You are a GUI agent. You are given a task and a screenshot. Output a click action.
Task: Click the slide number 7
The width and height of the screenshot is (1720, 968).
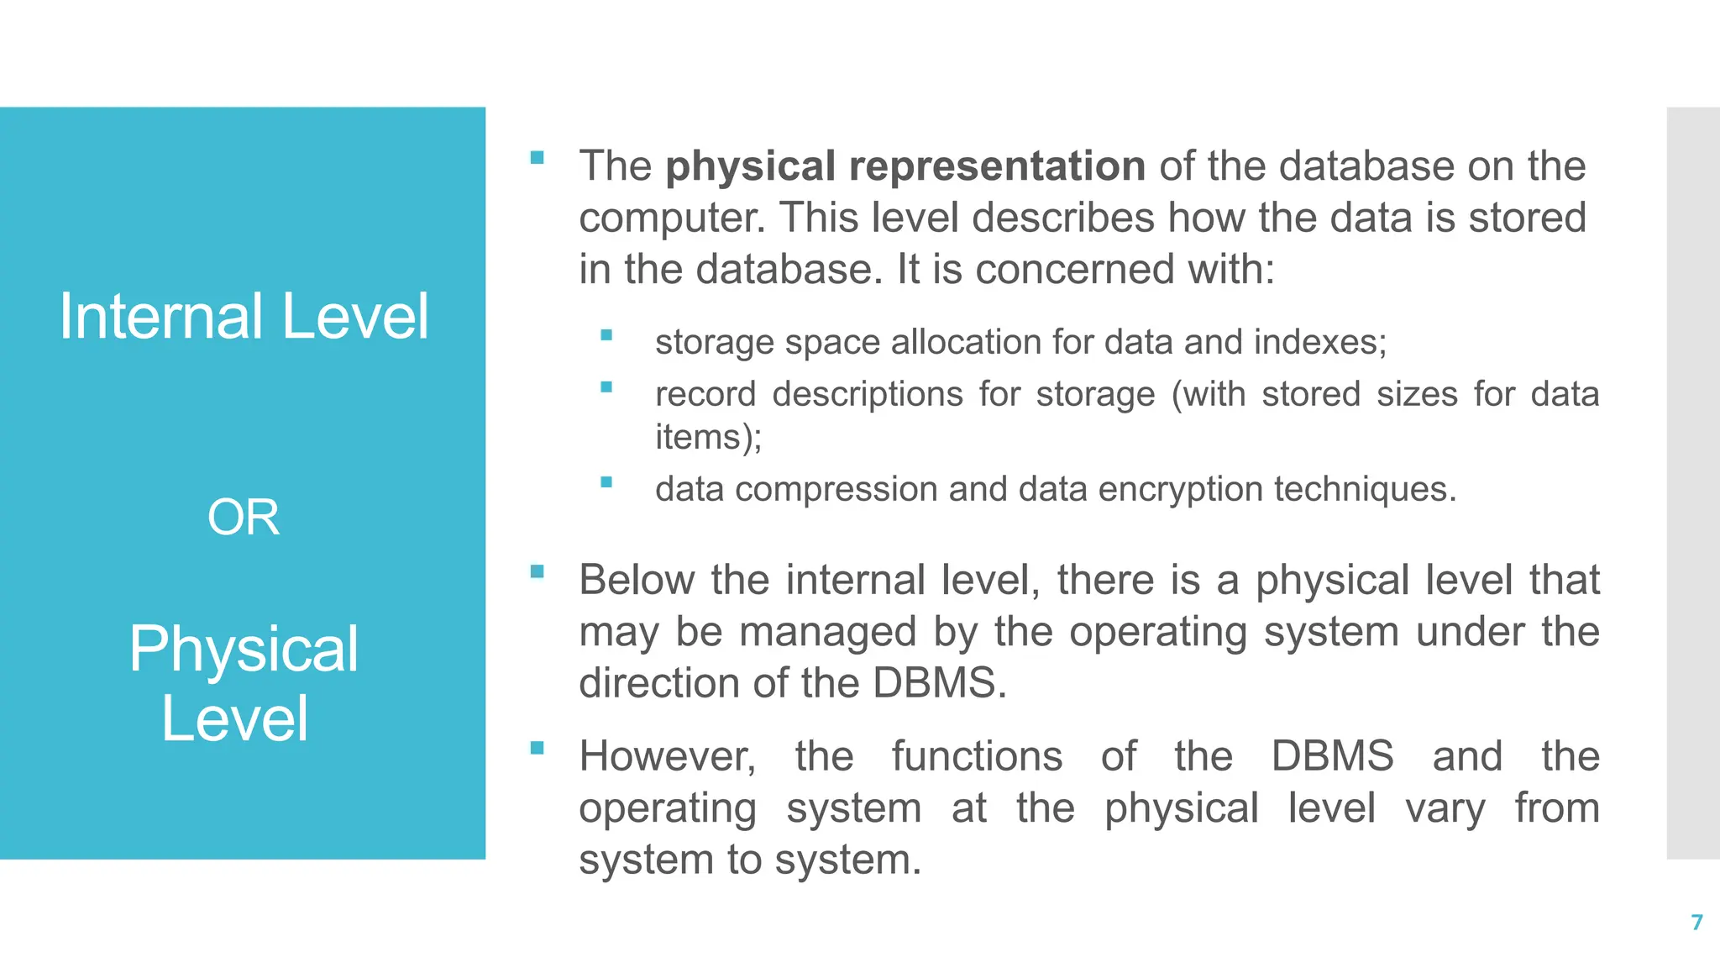1696,923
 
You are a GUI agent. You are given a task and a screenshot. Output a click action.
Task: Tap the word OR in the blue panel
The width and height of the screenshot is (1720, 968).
244,517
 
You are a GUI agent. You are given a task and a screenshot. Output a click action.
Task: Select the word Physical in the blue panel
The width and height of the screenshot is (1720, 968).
244,650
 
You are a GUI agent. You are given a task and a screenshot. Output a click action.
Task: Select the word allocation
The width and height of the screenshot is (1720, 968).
964,342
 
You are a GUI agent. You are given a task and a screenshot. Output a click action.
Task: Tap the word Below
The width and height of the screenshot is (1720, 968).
637,580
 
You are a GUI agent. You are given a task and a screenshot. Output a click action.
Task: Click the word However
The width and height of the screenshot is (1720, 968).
667,756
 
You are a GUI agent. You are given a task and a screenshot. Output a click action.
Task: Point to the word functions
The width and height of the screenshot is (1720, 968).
977,756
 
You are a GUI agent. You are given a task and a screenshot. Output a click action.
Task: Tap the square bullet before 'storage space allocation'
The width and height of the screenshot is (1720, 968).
606,335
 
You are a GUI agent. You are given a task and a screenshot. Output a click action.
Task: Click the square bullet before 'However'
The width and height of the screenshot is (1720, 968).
537,747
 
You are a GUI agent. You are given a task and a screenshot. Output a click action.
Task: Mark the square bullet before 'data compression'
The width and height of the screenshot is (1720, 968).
606,482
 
